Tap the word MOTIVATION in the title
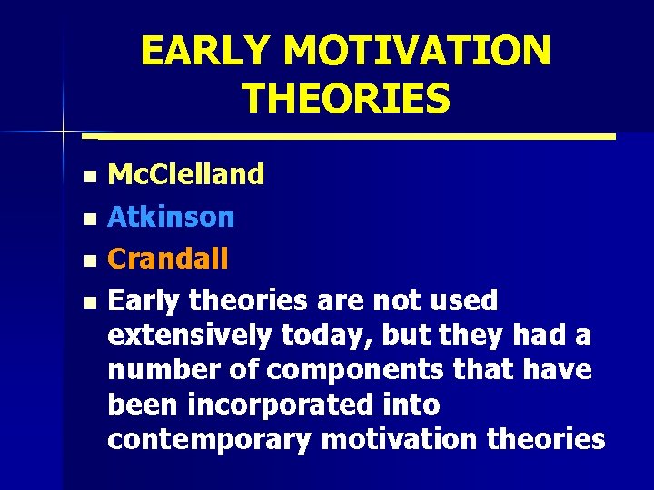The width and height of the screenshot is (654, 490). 415,51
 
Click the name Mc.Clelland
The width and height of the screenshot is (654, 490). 186,174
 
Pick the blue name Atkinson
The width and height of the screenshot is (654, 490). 171,217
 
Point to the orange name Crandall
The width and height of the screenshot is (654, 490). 168,260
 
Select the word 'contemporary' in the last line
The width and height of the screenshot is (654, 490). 211,440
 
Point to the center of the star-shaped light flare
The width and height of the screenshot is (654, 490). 64,132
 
